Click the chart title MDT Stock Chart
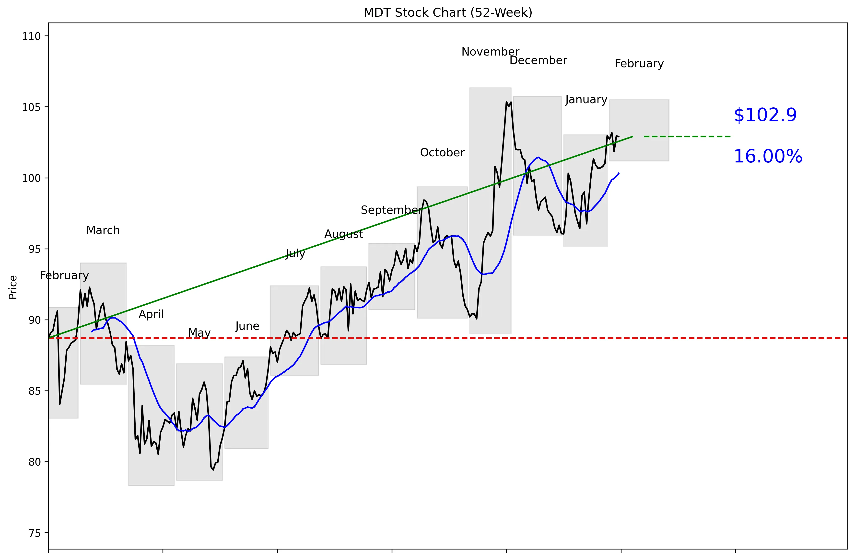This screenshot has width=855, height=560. pyautogui.click(x=448, y=12)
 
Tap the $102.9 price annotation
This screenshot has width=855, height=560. pyautogui.click(x=765, y=115)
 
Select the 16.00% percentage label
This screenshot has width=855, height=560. pyautogui.click(x=768, y=157)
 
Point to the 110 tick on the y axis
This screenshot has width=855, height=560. pyautogui.click(x=32, y=36)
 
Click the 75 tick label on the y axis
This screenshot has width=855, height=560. pyautogui.click(x=35, y=533)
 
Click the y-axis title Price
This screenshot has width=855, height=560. pyautogui.click(x=13, y=287)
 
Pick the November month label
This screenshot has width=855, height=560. pyautogui.click(x=490, y=52)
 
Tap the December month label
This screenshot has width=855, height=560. pyautogui.click(x=538, y=61)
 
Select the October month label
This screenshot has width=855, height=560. pyautogui.click(x=442, y=153)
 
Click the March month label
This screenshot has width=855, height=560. pyautogui.click(x=103, y=230)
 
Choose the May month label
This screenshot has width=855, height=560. pyautogui.click(x=199, y=333)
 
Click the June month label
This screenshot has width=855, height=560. pyautogui.click(x=247, y=326)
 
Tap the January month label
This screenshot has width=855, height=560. pyautogui.click(x=586, y=100)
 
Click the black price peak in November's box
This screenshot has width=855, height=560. pyautogui.click(x=506, y=102)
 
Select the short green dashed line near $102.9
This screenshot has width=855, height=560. pyautogui.click(x=688, y=137)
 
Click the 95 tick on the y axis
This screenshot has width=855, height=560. pyautogui.click(x=35, y=249)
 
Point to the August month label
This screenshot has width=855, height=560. pyautogui.click(x=344, y=234)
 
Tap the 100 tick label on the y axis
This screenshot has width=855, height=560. pyautogui.click(x=32, y=178)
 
